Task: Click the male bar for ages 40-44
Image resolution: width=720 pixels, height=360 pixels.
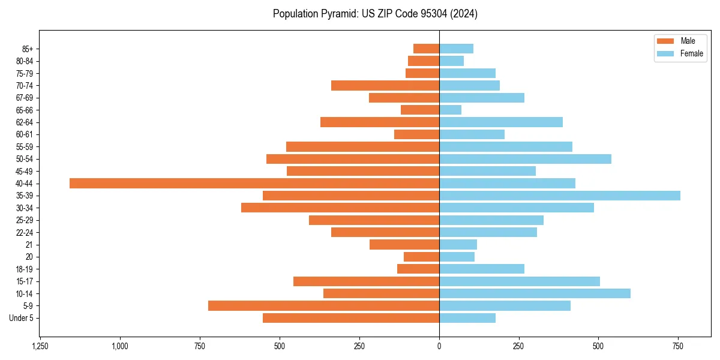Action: coord(254,183)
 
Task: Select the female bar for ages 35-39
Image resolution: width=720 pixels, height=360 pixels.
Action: coord(560,196)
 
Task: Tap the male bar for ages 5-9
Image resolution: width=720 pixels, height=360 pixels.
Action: coord(323,306)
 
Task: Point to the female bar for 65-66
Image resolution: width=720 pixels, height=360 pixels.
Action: coord(451,110)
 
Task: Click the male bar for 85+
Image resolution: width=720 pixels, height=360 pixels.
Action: coord(426,49)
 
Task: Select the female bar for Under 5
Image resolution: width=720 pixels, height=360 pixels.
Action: coord(467,318)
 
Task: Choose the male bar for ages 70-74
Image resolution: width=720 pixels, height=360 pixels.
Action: coord(385,85)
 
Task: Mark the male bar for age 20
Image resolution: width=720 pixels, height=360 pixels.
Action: coord(421,257)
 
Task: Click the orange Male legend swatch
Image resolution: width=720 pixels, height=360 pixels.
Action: coord(665,41)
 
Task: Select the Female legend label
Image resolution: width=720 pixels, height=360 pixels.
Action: coord(691,53)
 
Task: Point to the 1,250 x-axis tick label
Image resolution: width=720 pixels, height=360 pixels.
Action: coord(40,346)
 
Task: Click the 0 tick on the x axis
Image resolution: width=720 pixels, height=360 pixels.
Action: coord(439,346)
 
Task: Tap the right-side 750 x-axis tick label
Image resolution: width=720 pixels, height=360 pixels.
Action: coord(678,346)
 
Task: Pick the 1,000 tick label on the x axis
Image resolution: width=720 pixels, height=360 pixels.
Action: coord(120,346)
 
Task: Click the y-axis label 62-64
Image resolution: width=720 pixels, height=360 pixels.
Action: coord(25,122)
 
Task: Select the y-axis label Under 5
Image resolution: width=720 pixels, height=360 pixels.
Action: coord(21,318)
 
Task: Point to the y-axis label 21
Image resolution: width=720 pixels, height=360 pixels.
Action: coord(29,245)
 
